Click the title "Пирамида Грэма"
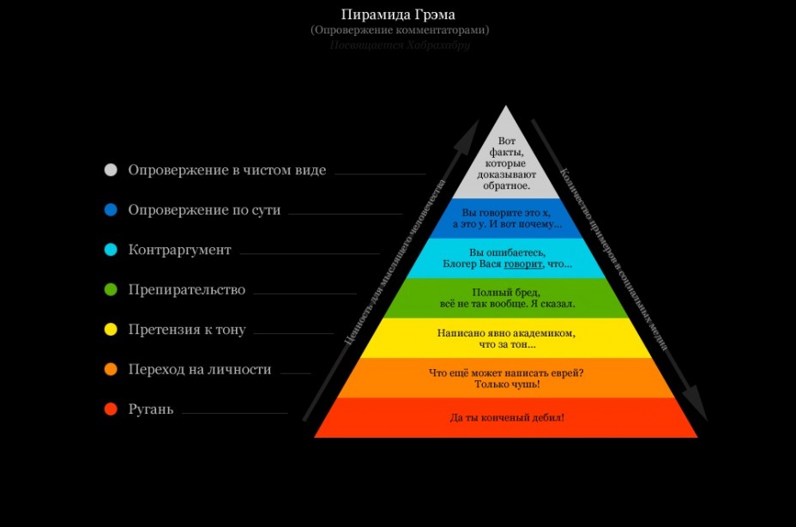(399, 14)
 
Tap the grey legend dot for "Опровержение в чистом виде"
(110, 170)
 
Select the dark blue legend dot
(110, 209)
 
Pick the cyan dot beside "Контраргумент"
(110, 250)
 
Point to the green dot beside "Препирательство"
(110, 290)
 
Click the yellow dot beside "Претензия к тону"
(110, 330)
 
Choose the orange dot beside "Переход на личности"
(110, 370)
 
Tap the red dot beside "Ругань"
(110, 409)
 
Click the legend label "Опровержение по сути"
(204, 209)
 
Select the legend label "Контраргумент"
(179, 250)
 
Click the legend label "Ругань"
(151, 409)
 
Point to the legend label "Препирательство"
(187, 290)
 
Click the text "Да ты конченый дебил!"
(507, 418)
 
